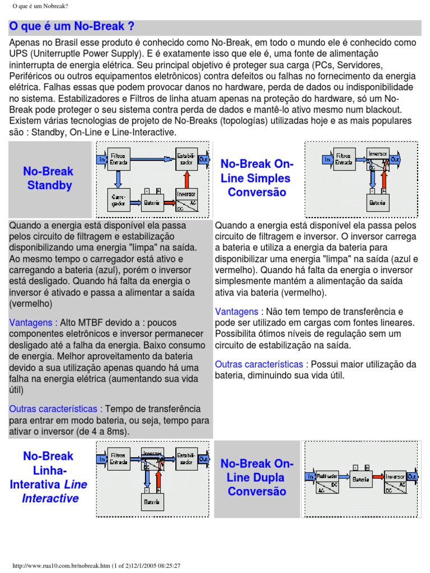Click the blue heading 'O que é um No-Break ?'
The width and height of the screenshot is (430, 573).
(72, 27)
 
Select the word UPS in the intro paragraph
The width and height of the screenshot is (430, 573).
(18, 53)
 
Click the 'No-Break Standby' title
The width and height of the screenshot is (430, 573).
(49, 179)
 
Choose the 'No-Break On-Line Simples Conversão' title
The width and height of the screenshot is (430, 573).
(256, 178)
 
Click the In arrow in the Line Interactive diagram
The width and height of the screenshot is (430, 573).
(101, 459)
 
